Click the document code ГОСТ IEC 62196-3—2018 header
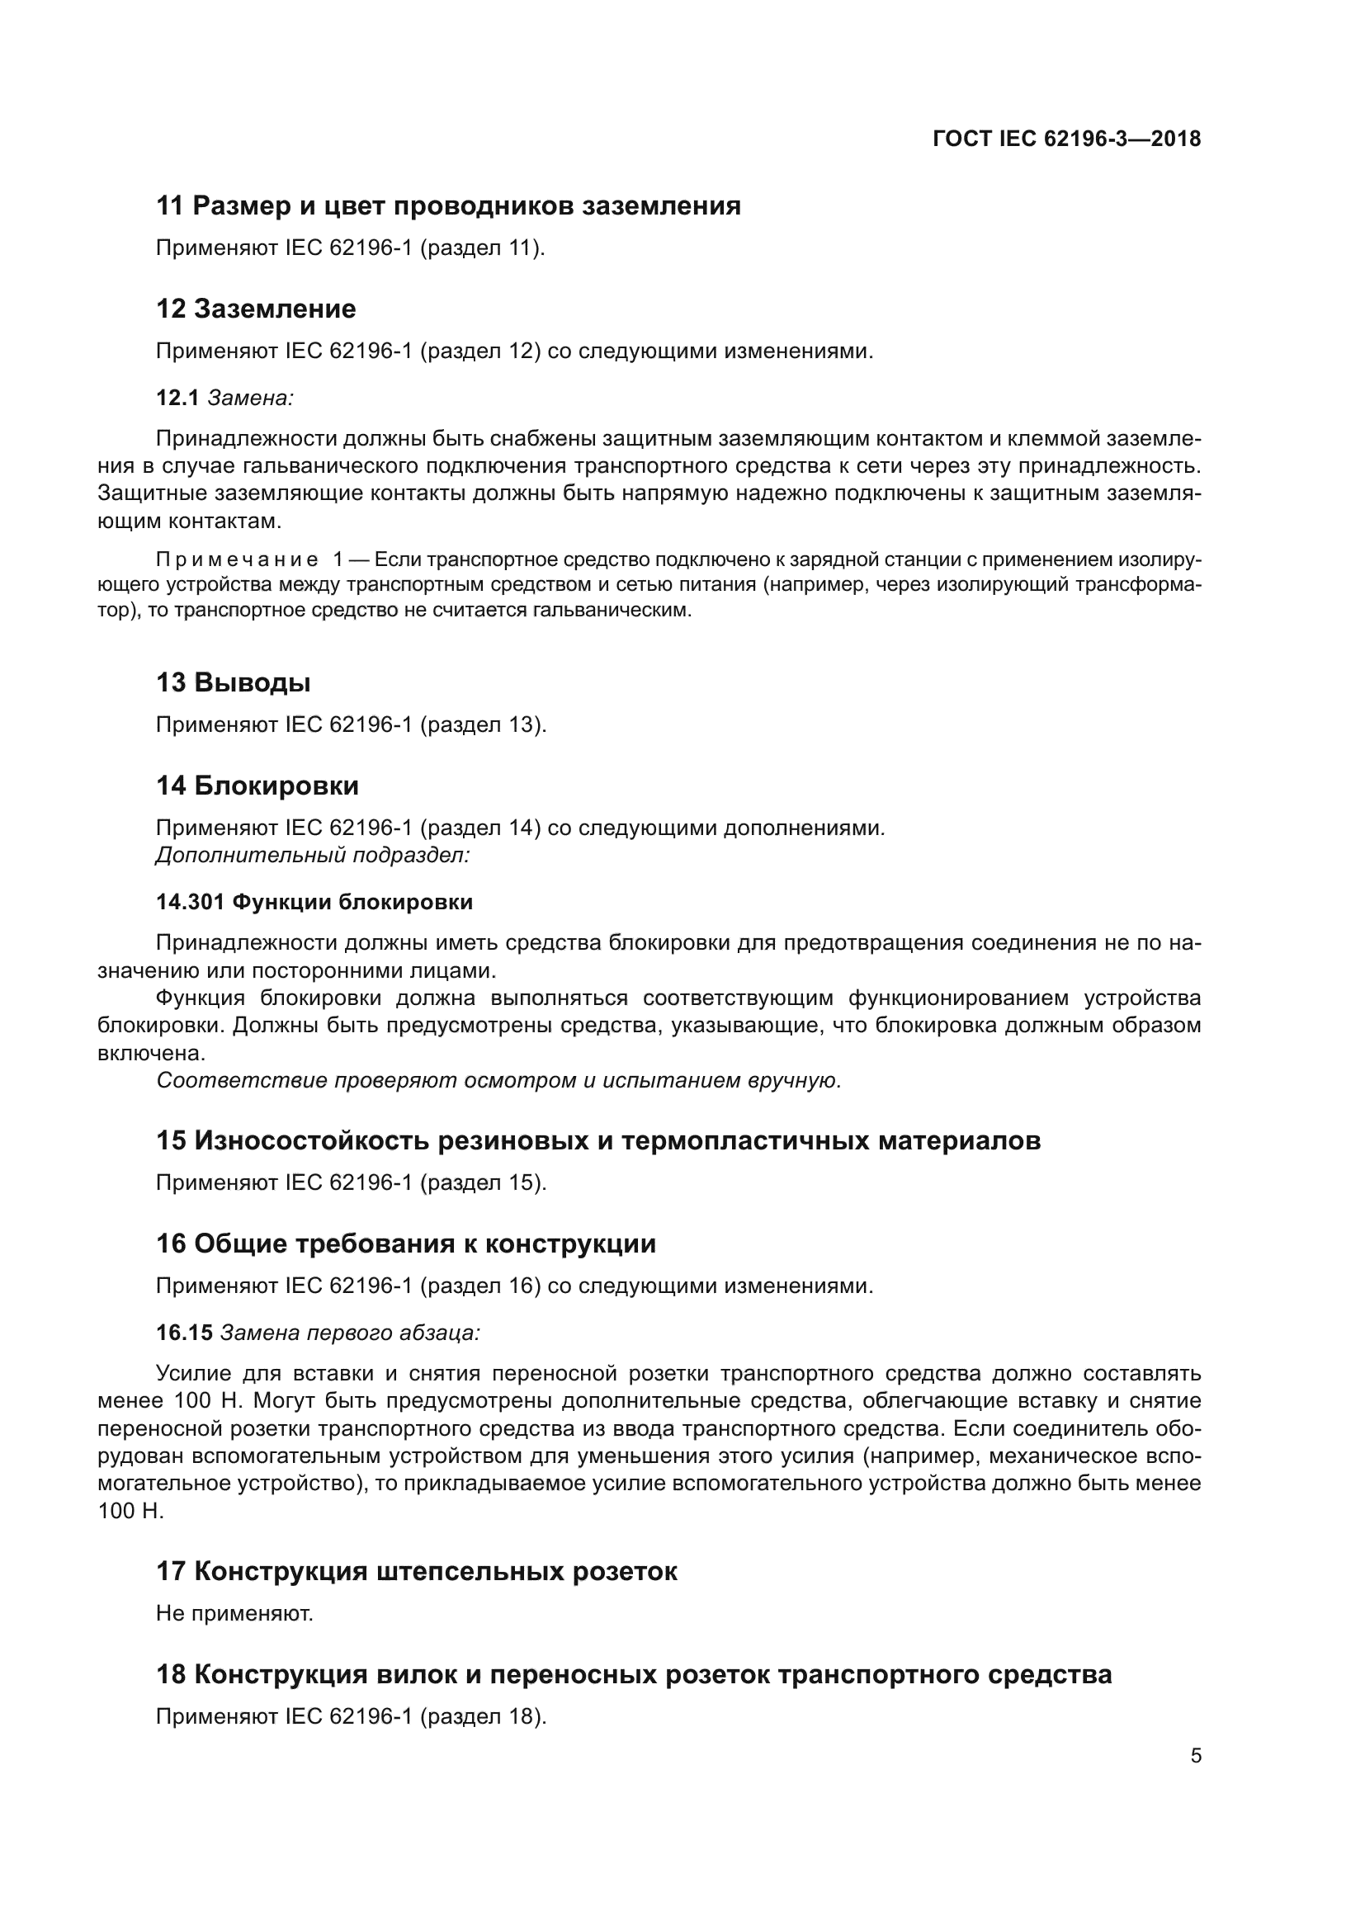click(1065, 139)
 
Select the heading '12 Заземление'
click(256, 309)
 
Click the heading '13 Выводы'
click(233, 682)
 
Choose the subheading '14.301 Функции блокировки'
click(314, 902)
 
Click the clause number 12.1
click(177, 398)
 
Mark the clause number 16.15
click(184, 1333)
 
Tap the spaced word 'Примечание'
click(237, 559)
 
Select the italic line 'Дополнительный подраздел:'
click(313, 855)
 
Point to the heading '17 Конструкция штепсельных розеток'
click(416, 1571)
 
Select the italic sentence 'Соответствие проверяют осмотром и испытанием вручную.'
click(498, 1080)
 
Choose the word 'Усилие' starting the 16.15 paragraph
click(193, 1374)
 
